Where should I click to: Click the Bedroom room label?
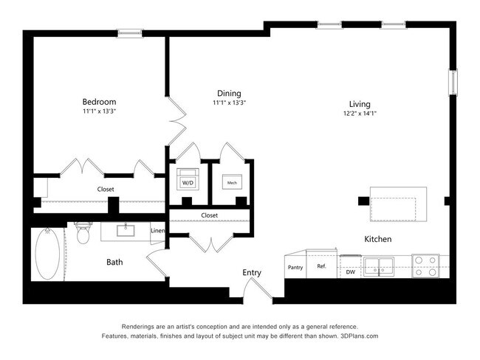tap(99, 101)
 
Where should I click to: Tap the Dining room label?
tap(229, 93)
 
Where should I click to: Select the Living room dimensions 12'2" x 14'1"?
tap(360, 114)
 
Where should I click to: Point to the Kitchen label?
tap(377, 239)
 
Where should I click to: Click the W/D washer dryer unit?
tap(188, 181)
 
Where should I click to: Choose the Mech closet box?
tap(232, 181)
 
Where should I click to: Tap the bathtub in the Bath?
tap(49, 254)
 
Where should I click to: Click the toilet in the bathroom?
tap(82, 234)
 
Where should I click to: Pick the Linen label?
tap(157, 231)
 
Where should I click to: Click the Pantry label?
tap(295, 268)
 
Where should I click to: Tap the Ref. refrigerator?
tap(322, 266)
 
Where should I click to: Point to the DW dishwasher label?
tap(351, 272)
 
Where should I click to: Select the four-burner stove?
tap(426, 266)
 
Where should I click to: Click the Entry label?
tap(252, 272)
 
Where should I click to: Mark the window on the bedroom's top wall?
tap(130, 32)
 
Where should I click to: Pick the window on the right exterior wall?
tap(453, 81)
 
